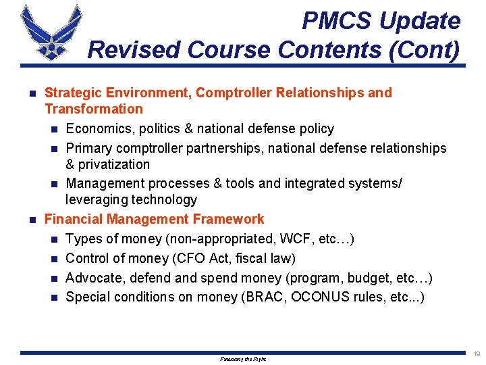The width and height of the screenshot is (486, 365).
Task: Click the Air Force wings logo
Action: click(51, 32)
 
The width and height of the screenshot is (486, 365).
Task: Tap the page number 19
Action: click(477, 354)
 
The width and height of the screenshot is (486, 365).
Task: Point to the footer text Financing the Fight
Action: click(243, 360)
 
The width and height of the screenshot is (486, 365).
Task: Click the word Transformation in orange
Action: click(94, 109)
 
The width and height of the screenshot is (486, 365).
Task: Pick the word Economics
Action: click(97, 128)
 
